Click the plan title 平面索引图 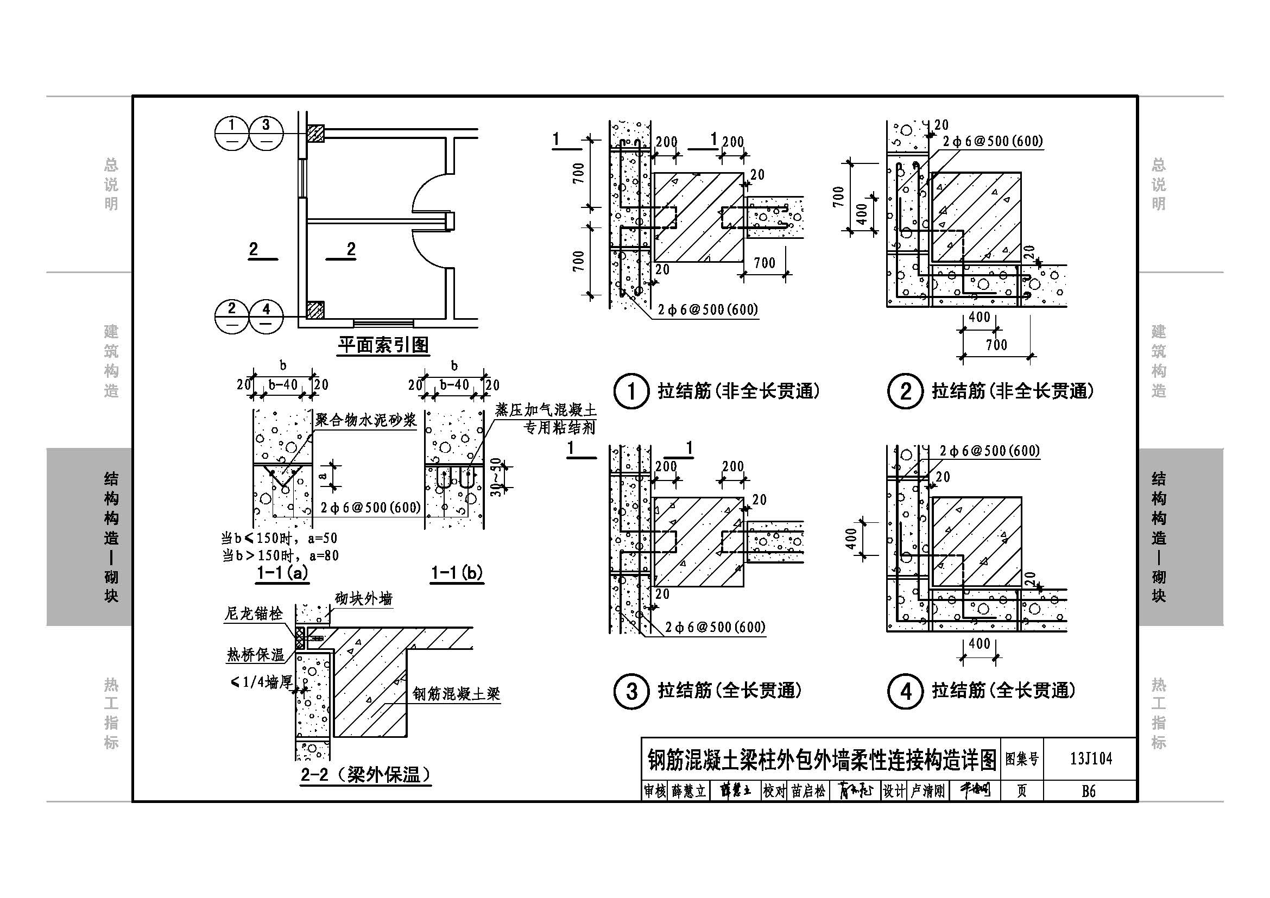383,345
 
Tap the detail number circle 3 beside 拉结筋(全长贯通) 631,691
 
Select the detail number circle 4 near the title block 905,691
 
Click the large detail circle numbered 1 631,391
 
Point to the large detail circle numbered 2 905,391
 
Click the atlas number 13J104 1090,758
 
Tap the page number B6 1088,791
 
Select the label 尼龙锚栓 254,613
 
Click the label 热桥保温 255,655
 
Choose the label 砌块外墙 363,598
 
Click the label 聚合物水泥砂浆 365,420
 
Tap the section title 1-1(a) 282,573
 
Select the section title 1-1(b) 457,573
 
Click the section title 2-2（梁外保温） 365,775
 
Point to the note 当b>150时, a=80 280,555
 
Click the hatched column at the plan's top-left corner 315,133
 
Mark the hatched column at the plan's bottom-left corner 315,309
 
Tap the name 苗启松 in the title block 808,791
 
